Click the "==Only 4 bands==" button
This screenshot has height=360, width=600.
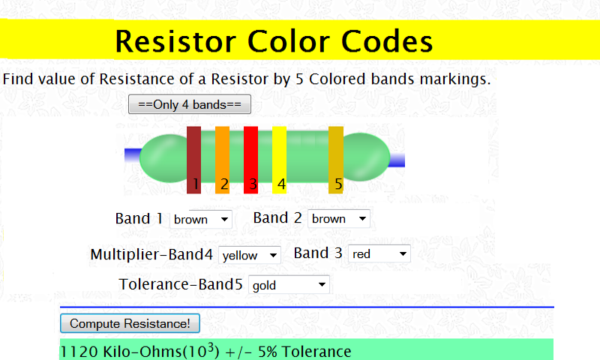190,104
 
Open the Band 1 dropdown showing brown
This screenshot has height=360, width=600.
202,219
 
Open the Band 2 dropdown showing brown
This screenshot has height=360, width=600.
339,219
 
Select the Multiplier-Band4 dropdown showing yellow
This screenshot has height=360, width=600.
250,255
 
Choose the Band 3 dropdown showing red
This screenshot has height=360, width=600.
379,254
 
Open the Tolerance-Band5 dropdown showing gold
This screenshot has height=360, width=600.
289,285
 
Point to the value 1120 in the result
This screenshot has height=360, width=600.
75,352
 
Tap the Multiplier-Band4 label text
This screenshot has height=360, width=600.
151,254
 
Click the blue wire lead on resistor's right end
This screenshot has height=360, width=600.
397,160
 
